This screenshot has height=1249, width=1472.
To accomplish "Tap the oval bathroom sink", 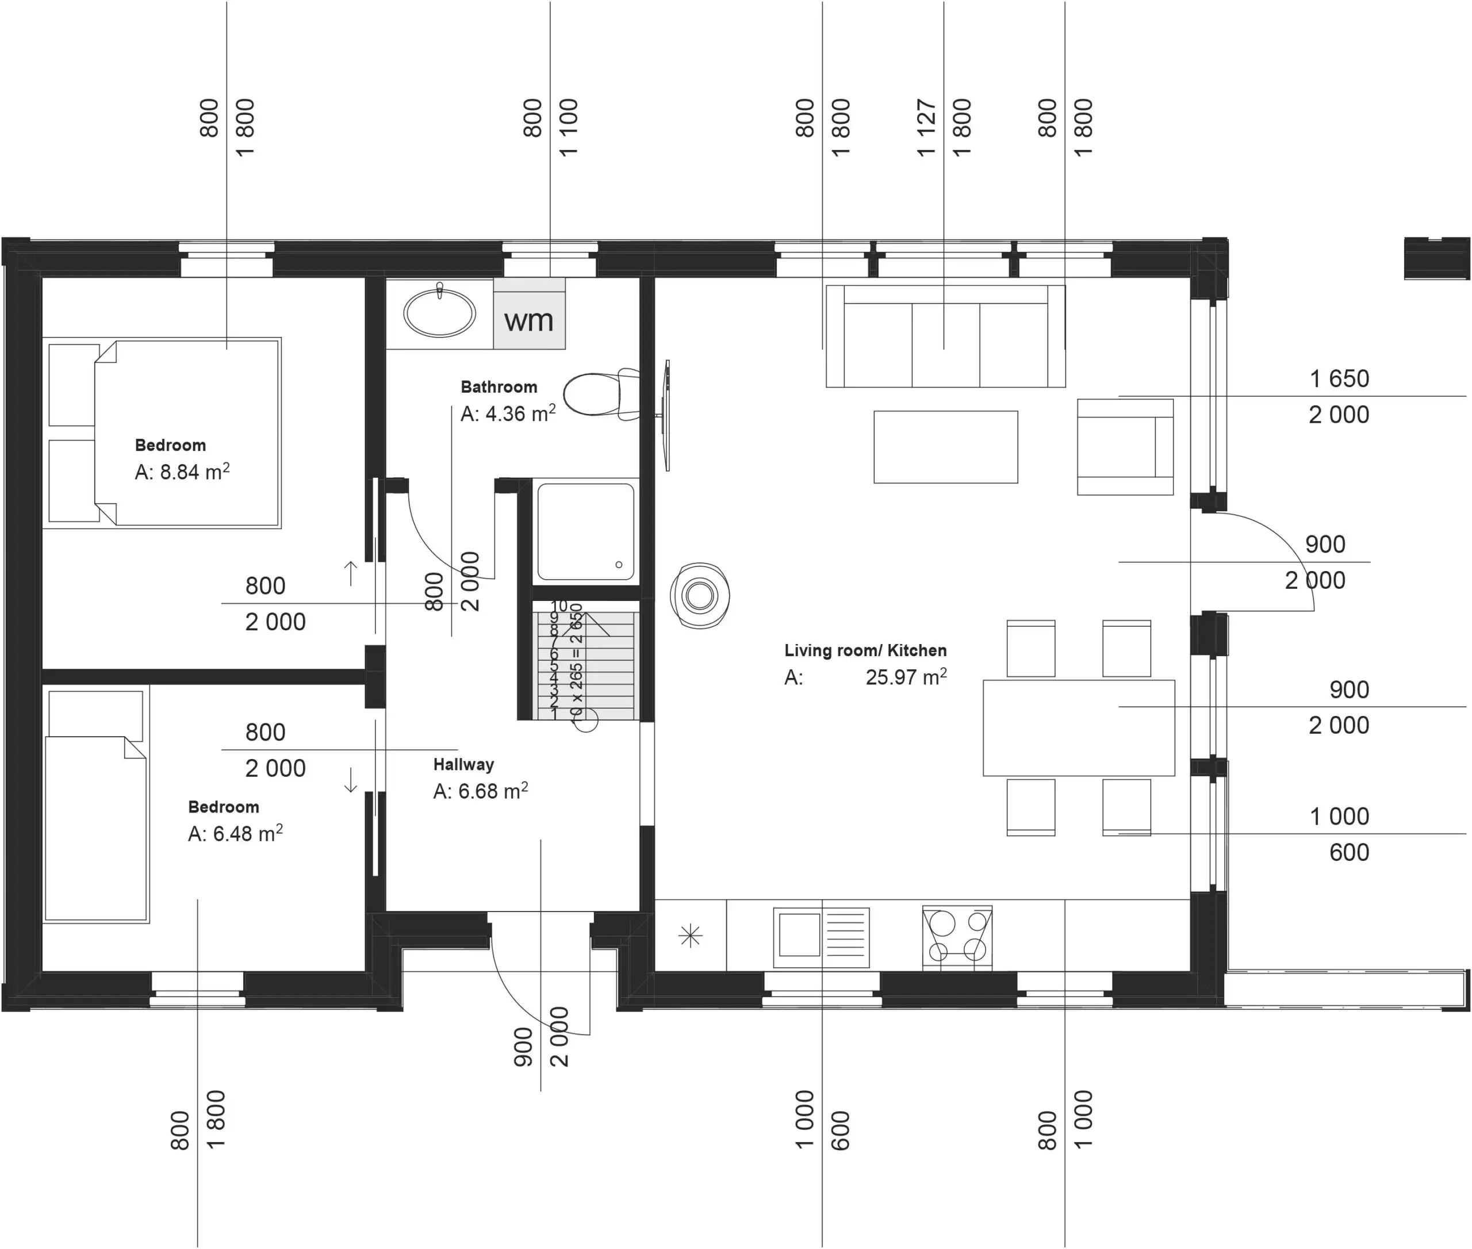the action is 440,313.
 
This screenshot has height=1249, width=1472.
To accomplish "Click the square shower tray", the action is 585,531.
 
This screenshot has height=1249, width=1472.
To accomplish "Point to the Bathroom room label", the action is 499,386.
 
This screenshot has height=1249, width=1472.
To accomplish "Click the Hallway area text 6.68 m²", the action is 481,791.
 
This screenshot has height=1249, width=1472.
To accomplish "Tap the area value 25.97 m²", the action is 906,677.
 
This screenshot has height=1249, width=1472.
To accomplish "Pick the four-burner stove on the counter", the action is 957,937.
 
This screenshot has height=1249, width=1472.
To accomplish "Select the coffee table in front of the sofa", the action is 945,447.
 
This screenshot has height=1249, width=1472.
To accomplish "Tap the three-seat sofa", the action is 945,336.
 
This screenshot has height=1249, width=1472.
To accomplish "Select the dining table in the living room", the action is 1078,728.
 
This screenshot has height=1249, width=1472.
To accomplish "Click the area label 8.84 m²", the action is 182,472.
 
